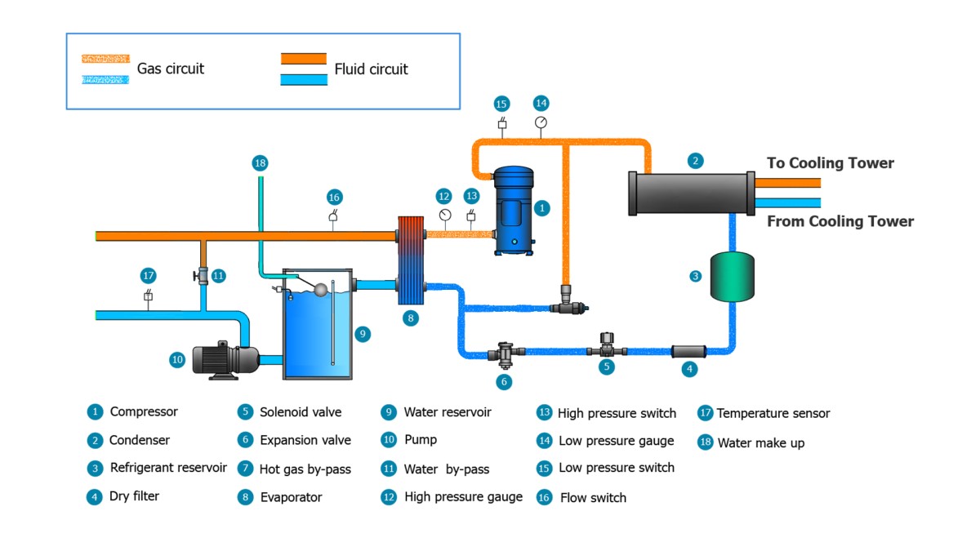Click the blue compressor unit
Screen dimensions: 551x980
click(514, 211)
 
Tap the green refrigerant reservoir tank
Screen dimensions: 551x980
click(732, 277)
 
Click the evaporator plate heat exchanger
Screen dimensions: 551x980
click(411, 260)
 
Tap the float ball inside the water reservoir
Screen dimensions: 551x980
click(322, 289)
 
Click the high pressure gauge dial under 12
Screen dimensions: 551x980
click(444, 216)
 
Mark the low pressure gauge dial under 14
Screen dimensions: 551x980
click(541, 122)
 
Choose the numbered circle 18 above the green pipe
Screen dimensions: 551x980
click(260, 163)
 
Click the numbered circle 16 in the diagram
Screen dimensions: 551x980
click(334, 197)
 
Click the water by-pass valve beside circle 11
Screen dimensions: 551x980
click(202, 276)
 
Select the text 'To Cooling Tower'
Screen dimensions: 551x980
click(830, 163)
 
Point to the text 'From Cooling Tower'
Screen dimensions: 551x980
click(840, 221)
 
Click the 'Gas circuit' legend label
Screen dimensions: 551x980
click(171, 69)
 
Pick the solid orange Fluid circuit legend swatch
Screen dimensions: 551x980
click(304, 58)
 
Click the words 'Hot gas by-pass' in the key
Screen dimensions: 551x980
click(305, 469)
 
